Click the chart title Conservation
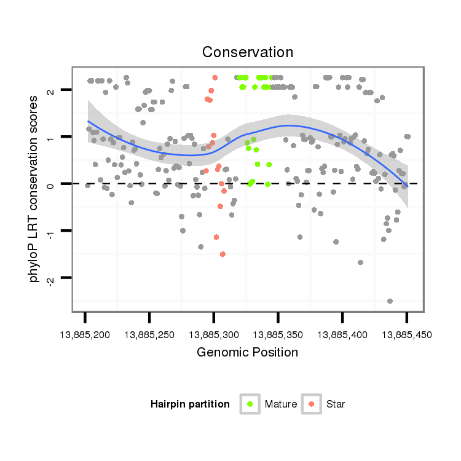[248, 52]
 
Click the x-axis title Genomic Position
[248, 352]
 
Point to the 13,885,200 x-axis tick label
[85, 335]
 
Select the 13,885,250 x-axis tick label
[150, 335]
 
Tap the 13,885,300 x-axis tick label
[214, 335]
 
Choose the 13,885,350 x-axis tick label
[278, 335]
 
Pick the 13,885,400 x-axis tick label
[342, 335]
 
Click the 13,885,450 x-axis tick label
[406, 335]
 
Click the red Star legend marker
[312, 404]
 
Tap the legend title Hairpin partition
[190, 404]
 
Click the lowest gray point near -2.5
[390, 301]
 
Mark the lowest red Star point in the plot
[223, 254]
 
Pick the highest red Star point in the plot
[215, 77]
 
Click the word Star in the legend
[336, 404]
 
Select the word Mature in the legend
[281, 404]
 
